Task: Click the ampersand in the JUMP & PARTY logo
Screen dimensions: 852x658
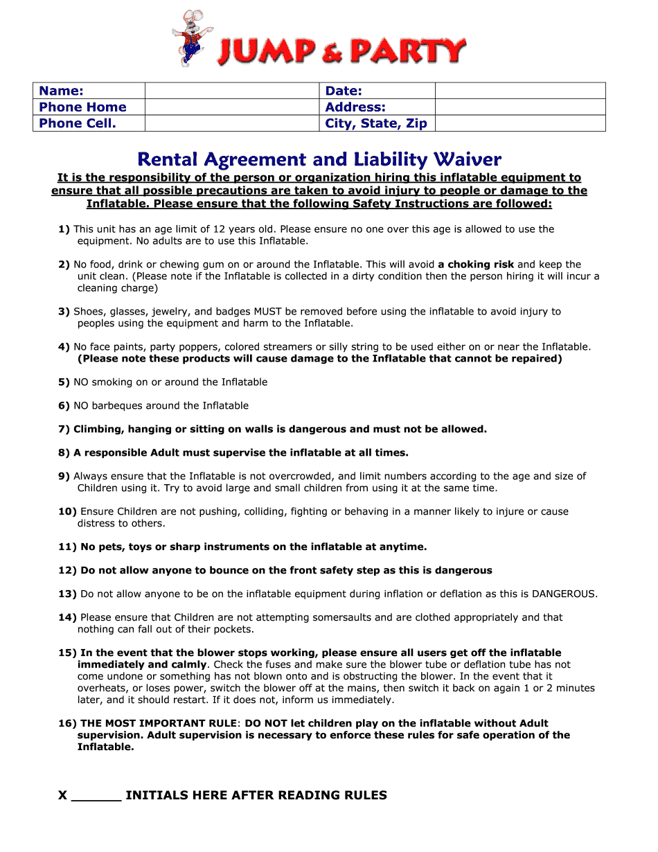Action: [x=331, y=52]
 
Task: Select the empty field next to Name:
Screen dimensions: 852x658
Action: [x=231, y=91]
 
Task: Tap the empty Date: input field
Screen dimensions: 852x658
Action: [x=519, y=91]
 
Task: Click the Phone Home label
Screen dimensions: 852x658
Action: [x=82, y=107]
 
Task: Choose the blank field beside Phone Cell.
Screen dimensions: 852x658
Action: [x=231, y=123]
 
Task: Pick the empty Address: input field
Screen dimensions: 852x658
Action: [x=519, y=107]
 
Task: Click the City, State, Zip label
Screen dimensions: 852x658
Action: [x=376, y=123]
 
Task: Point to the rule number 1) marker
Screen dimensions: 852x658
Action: [x=64, y=229]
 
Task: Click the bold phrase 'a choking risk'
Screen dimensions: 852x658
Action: [x=476, y=265]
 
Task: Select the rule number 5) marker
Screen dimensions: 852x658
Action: [x=64, y=382]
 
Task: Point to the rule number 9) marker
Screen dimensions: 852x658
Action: [x=64, y=477]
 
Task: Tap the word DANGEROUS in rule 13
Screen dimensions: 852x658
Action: [x=563, y=594]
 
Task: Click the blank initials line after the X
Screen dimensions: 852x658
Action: [x=96, y=797]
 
